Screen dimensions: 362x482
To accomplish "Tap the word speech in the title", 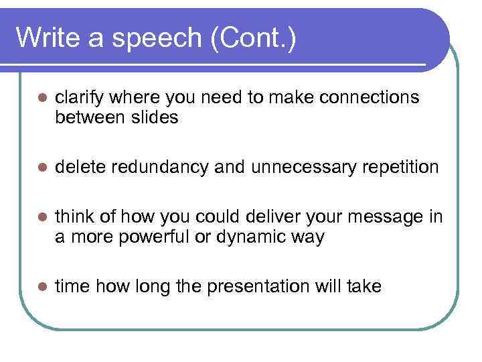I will [158, 40].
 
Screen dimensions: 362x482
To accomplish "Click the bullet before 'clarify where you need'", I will [41, 99].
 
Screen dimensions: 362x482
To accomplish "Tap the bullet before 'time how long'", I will [41, 287].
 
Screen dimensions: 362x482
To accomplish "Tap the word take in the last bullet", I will [364, 287].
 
